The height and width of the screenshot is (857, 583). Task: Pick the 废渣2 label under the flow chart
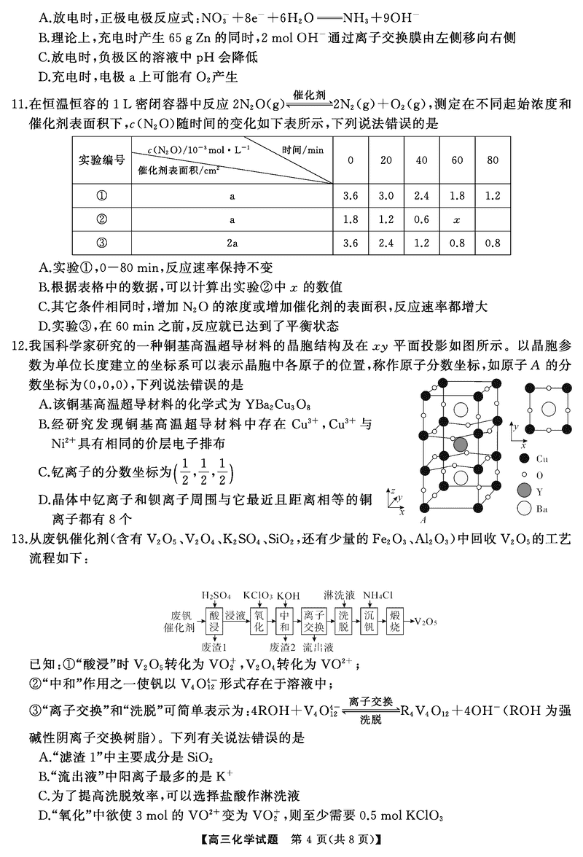point(282,646)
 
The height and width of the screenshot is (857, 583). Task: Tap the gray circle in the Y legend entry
point(523,492)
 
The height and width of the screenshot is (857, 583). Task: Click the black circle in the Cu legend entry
point(523,459)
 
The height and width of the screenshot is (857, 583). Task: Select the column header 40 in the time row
point(422,160)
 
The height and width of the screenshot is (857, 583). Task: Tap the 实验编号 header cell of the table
point(101,160)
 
